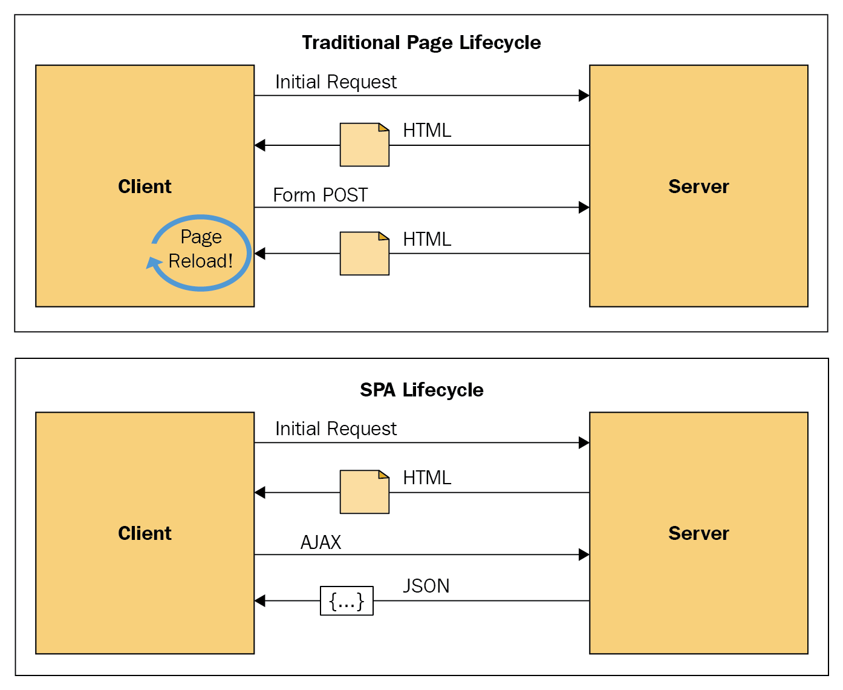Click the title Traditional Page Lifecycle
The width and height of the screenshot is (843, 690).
[x=421, y=43]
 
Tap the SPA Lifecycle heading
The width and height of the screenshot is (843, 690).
[x=421, y=390]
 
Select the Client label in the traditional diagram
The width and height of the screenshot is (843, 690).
[x=145, y=186]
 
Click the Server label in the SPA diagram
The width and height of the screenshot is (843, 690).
[x=698, y=533]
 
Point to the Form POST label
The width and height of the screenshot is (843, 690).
[x=320, y=195]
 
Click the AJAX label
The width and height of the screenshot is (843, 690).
[x=321, y=542]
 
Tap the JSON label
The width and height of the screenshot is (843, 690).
[x=426, y=586]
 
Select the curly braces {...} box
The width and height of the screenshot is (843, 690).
[x=347, y=601]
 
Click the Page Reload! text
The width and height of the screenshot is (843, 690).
[x=201, y=249]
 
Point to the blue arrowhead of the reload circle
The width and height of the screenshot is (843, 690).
[x=153, y=263]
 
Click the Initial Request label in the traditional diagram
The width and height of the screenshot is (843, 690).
[x=336, y=82]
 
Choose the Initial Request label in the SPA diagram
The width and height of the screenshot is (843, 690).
[x=336, y=429]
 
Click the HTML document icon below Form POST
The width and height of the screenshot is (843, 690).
[x=365, y=254]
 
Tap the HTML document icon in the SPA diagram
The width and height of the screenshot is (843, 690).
[x=365, y=492]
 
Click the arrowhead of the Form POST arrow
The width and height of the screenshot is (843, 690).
[x=584, y=208]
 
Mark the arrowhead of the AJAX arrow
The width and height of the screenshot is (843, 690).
[x=584, y=555]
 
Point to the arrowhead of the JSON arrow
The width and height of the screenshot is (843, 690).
[x=260, y=601]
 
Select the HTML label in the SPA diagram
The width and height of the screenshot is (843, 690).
[x=427, y=478]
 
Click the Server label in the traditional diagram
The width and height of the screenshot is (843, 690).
[x=698, y=186]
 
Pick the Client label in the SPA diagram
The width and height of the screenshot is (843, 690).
[x=145, y=533]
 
